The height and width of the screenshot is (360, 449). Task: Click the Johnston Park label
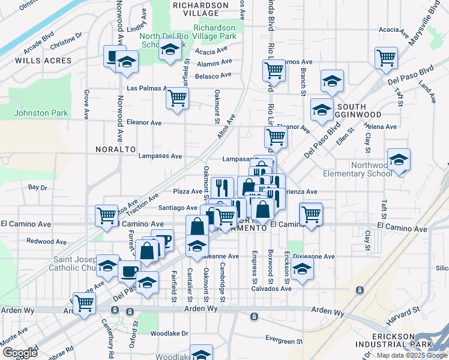pyautogui.click(x=41, y=112)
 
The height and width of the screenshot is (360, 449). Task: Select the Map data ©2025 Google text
pyautogui.click(x=411, y=355)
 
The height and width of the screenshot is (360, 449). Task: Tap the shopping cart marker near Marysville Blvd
pyautogui.click(x=386, y=58)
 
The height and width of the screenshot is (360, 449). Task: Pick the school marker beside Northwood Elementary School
pyautogui.click(x=398, y=160)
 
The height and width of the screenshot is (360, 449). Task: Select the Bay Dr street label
pyautogui.click(x=37, y=188)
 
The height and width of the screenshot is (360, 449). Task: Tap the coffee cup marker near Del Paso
pyautogui.click(x=128, y=271)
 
